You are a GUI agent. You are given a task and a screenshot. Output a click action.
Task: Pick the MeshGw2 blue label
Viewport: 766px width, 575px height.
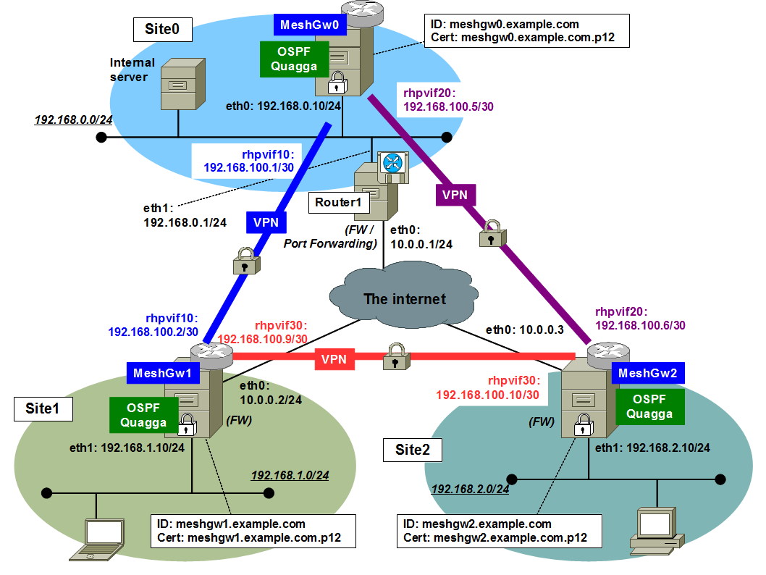click(x=648, y=373)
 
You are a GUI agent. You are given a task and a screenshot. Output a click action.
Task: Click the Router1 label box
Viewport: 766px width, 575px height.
click(x=338, y=202)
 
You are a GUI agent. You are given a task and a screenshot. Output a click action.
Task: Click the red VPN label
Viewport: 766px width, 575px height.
click(x=334, y=358)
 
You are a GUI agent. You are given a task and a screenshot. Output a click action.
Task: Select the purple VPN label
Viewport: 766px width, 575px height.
click(x=455, y=194)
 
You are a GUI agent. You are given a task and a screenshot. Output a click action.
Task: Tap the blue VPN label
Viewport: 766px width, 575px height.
click(x=266, y=222)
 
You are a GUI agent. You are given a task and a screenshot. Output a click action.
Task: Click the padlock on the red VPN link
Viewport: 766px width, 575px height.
click(x=394, y=356)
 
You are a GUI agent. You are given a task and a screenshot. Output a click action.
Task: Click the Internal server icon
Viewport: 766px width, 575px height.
click(x=178, y=84)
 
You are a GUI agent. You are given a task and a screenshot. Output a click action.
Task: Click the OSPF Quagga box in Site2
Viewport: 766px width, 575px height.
click(x=649, y=406)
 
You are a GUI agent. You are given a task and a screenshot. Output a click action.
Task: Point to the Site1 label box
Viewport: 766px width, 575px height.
click(x=43, y=408)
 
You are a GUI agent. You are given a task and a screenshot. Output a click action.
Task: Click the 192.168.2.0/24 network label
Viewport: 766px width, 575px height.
click(x=470, y=490)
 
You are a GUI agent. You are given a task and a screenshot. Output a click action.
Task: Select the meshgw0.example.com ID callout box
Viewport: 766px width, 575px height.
click(x=523, y=31)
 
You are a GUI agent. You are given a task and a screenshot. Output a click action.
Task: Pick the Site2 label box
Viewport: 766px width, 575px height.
click(x=413, y=450)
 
